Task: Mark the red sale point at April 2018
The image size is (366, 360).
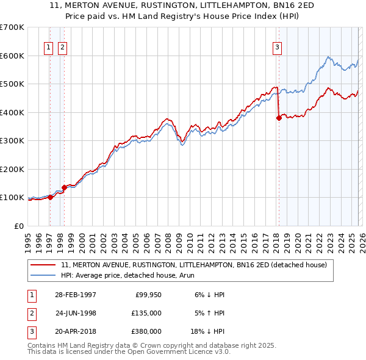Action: (x=279, y=118)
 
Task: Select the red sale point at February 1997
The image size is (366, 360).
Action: (x=51, y=197)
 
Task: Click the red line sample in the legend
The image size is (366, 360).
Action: (x=44, y=265)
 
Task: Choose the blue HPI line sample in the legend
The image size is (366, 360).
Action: (x=44, y=275)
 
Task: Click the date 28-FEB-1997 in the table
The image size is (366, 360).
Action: (x=75, y=295)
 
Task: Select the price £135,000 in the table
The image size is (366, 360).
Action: (x=146, y=313)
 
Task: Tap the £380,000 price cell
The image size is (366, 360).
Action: (x=146, y=331)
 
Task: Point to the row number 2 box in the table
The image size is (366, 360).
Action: (x=30, y=313)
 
